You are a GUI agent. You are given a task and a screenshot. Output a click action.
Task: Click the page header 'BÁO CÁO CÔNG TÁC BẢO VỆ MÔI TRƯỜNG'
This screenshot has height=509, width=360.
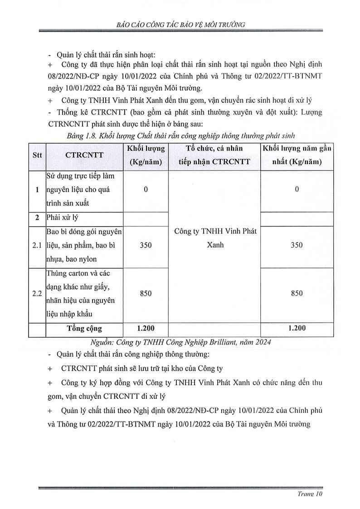point(180,25)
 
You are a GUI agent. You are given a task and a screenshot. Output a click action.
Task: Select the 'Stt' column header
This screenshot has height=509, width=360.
point(37,155)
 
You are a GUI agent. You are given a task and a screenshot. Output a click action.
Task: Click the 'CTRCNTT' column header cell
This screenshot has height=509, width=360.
point(84,155)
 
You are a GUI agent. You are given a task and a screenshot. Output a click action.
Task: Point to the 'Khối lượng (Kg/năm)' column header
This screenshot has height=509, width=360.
point(146,155)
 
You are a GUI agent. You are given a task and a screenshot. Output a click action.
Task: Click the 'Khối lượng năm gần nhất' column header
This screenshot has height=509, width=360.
point(297,155)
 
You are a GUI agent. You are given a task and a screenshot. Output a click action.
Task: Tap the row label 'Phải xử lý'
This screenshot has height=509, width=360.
point(62,218)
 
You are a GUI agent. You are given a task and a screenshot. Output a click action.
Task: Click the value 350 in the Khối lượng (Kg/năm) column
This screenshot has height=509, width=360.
point(146,245)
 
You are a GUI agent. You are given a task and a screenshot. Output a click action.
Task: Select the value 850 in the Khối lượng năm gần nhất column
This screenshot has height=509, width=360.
point(297,293)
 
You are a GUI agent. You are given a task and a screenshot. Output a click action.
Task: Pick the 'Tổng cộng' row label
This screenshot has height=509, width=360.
point(84,329)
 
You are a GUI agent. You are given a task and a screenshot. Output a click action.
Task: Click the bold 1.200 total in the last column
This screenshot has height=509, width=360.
point(297,329)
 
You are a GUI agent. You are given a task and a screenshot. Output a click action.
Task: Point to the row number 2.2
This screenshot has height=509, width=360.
point(37,293)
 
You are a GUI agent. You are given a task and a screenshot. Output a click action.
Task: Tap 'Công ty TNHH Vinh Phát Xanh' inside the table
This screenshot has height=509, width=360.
point(214,238)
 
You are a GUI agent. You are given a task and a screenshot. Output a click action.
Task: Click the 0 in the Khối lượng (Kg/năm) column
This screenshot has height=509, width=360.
point(146,189)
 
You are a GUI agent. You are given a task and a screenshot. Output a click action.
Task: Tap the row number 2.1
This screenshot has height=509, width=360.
point(37,245)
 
